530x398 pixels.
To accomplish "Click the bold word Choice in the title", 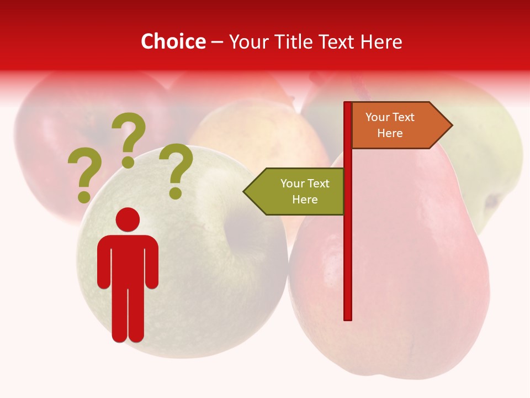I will [x=173, y=41].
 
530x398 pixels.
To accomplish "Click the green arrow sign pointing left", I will [x=295, y=191].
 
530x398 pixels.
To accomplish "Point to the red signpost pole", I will [x=348, y=249].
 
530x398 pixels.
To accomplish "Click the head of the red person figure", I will [x=128, y=219].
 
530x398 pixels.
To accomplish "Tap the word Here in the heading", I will [x=381, y=41].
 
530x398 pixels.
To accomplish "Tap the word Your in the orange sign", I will [x=378, y=117].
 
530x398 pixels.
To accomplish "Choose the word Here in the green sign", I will [x=305, y=200].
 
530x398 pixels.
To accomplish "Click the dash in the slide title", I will [x=217, y=42].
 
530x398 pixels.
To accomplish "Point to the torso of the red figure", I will [x=128, y=260].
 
